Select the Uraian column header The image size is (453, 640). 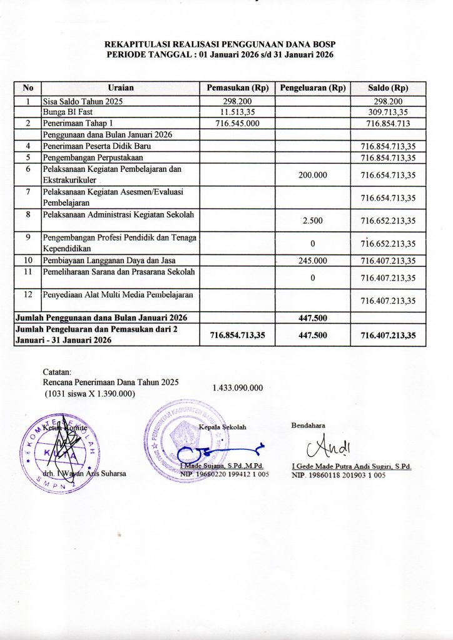coord(120,88)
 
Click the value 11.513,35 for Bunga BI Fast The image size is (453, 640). coord(237,112)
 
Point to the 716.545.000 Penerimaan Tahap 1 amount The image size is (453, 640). coord(237,123)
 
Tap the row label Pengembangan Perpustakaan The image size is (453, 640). coord(93,157)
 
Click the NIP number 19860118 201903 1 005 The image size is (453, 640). coord(338,476)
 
